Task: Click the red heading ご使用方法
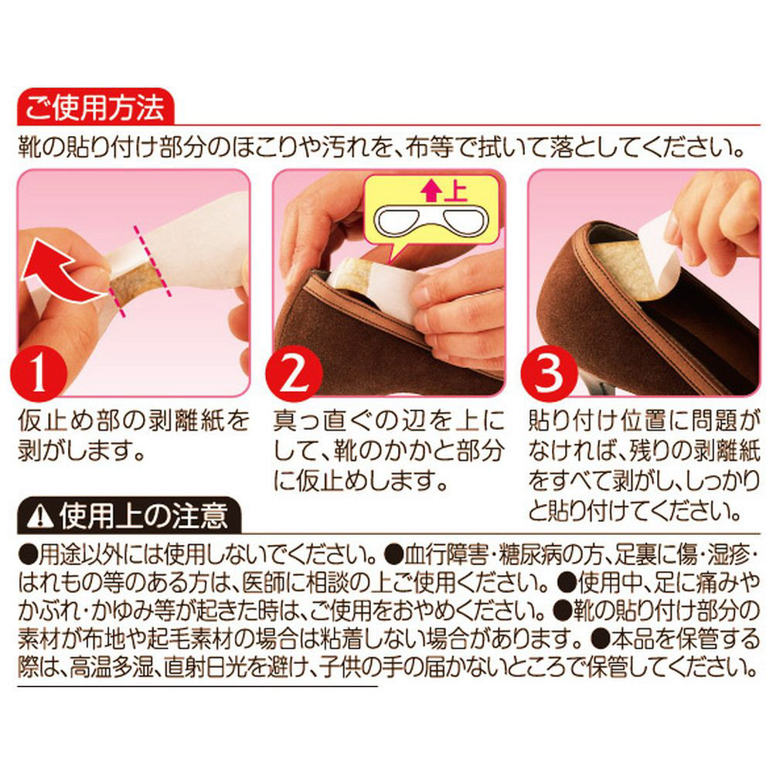click(94, 107)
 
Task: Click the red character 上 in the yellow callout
click(455, 191)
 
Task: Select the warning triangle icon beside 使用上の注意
click(40, 516)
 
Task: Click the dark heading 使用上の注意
click(143, 516)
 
